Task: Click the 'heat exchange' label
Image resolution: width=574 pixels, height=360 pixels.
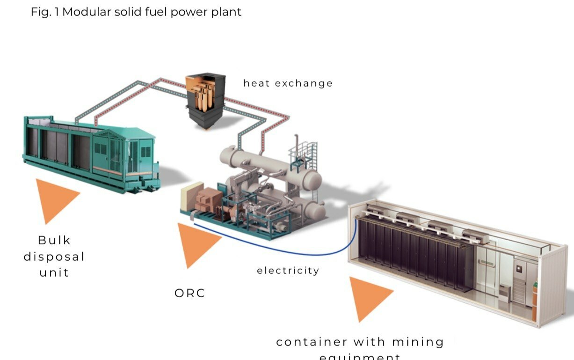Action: (x=288, y=83)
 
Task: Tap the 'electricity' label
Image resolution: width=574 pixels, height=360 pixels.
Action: (x=288, y=271)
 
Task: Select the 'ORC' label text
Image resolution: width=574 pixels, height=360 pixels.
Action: (x=189, y=294)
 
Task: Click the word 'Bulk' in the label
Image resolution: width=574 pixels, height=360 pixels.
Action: (x=54, y=240)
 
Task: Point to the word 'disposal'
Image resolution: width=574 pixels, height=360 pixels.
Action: (x=54, y=257)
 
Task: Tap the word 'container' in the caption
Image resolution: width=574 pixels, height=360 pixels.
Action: (x=312, y=342)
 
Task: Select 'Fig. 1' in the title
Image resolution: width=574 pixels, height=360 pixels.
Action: (x=44, y=12)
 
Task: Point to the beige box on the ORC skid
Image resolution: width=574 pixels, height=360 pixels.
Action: (x=191, y=196)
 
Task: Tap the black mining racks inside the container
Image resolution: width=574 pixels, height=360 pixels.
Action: (x=412, y=253)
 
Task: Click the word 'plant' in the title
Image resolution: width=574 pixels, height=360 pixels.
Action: (x=227, y=12)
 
